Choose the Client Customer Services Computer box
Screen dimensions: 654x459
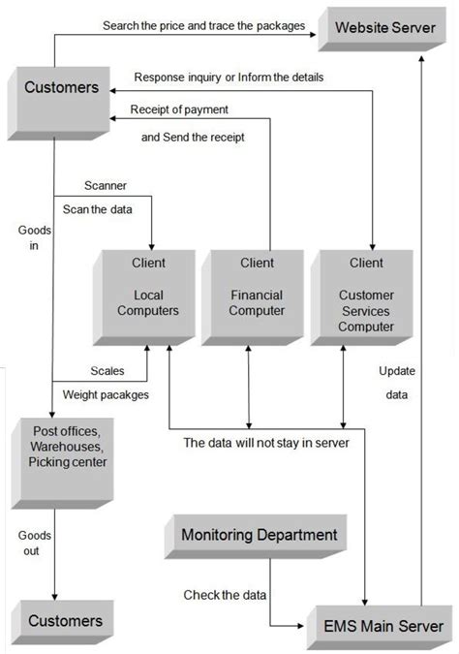pyautogui.click(x=364, y=296)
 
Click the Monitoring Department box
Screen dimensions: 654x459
pyautogui.click(x=260, y=534)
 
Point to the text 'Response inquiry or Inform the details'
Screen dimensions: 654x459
pyautogui.click(x=228, y=77)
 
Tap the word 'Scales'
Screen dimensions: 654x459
pyautogui.click(x=107, y=371)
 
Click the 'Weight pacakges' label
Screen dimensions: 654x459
pyautogui.click(x=106, y=394)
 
